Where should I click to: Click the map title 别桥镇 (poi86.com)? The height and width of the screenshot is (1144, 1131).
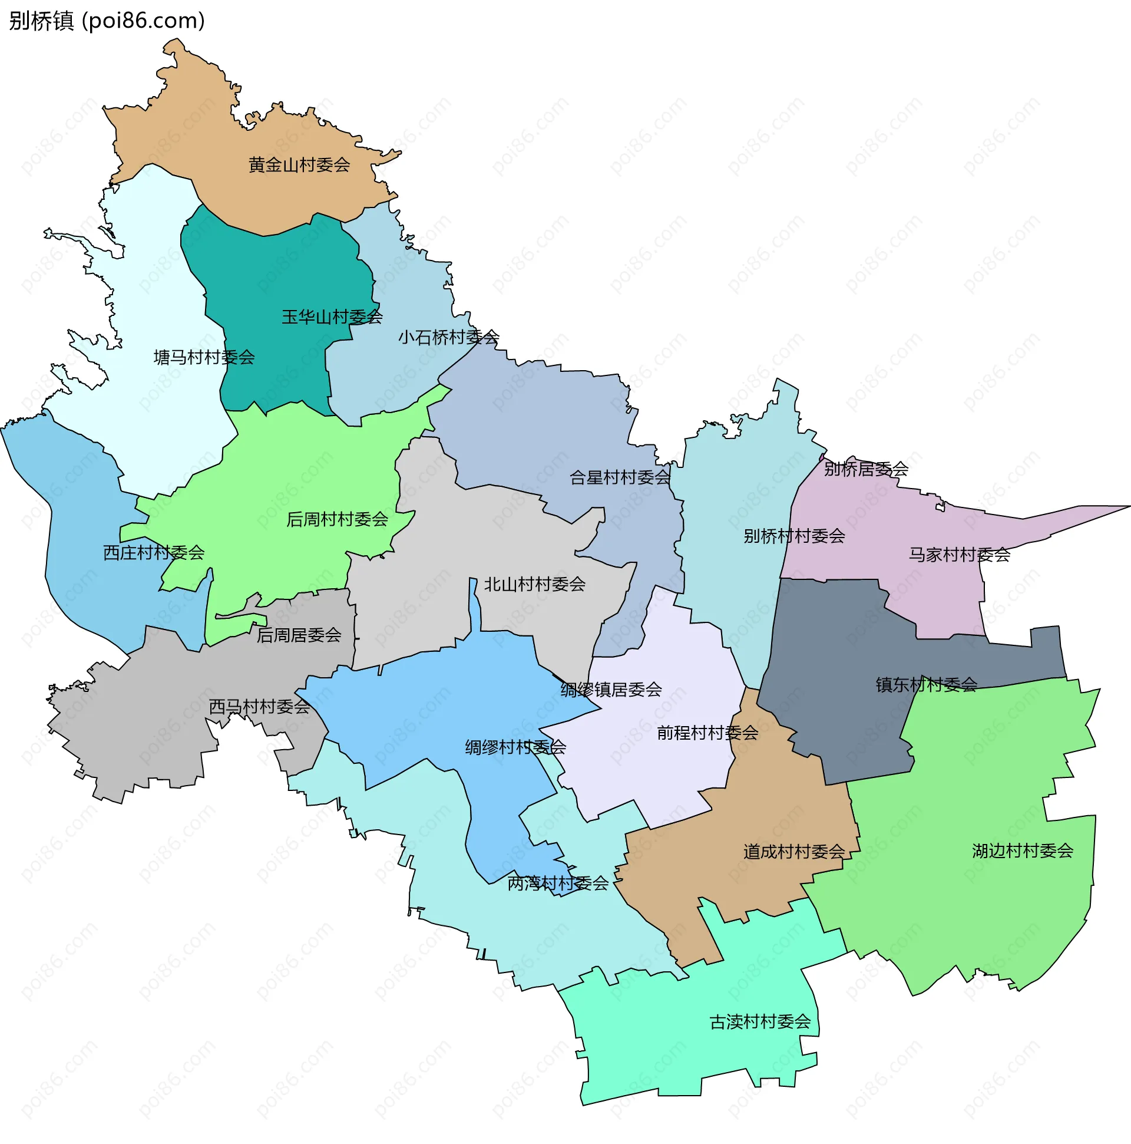coord(107,21)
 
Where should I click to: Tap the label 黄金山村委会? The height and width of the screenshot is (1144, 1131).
coord(299,164)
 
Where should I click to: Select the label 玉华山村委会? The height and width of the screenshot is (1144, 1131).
coord(332,317)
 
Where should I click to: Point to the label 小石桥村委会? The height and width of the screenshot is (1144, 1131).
coord(449,338)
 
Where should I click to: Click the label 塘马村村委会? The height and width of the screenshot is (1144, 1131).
coord(204,357)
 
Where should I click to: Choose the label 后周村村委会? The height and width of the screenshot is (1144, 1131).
coord(337,519)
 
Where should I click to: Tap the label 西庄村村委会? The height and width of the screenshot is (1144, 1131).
coord(154,552)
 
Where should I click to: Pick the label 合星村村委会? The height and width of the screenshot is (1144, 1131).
coord(620,477)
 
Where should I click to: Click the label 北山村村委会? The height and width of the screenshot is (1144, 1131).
coord(534,585)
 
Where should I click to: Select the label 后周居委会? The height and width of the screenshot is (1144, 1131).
coord(299,635)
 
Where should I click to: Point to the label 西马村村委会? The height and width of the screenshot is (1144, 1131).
coord(259,707)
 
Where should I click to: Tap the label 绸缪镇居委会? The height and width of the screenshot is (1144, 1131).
coord(611,689)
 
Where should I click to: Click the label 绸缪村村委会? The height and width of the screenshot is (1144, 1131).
coord(515,747)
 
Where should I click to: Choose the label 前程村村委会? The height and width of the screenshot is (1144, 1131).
coord(707,733)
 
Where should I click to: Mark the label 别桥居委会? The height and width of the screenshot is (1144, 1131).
coord(866,469)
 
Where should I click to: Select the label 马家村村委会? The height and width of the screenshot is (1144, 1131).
coord(960,555)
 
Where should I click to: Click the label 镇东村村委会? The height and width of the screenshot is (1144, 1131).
coord(926,684)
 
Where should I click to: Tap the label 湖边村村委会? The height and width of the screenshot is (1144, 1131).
coord(1022,851)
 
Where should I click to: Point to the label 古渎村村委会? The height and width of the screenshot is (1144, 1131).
coord(760,1021)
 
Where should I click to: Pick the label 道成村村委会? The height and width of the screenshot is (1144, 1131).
coord(793,852)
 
